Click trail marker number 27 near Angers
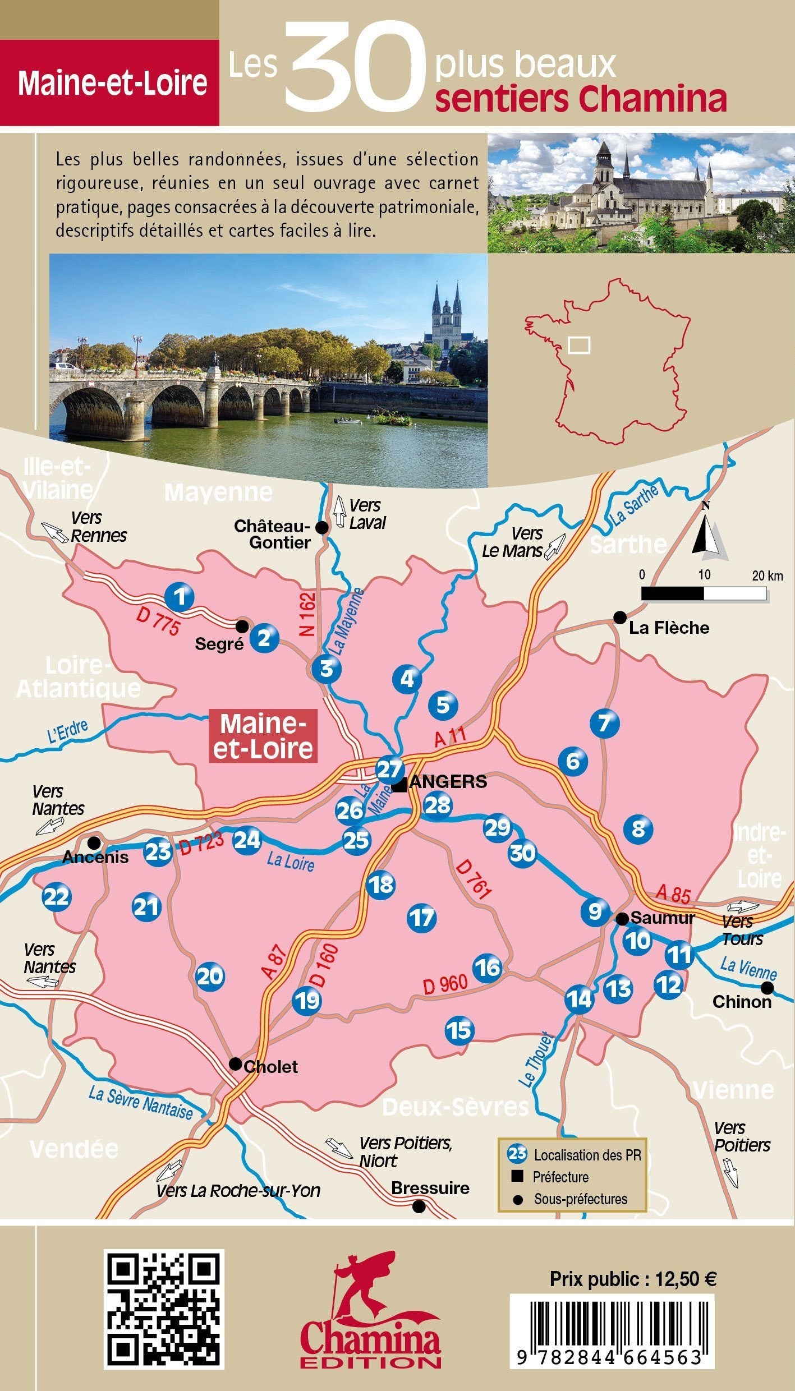pyautogui.click(x=389, y=770)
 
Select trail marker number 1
pyautogui.click(x=180, y=597)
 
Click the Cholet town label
pyautogui.click(x=270, y=1066)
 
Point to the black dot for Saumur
pyautogui.click(x=622, y=919)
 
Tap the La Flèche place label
pyautogui.click(x=669, y=628)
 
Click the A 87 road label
pyautogui.click(x=274, y=962)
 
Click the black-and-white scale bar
pyautogui.click(x=704, y=593)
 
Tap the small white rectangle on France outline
pyautogui.click(x=579, y=345)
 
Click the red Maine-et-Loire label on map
pyautogui.click(x=263, y=736)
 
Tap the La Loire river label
pyautogui.click(x=290, y=862)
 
